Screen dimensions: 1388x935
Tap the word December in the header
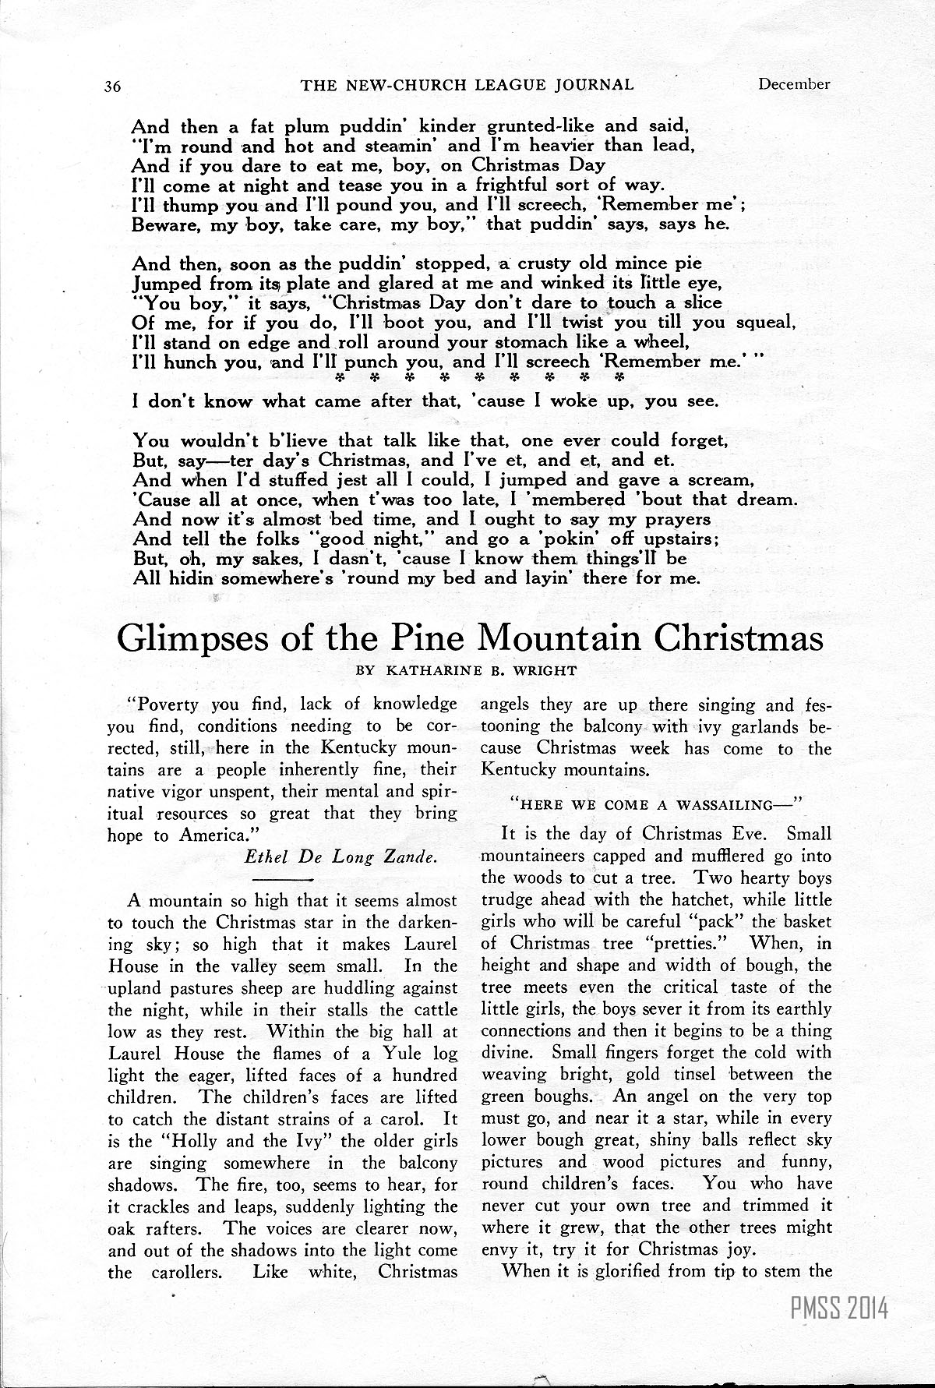pos(794,84)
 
